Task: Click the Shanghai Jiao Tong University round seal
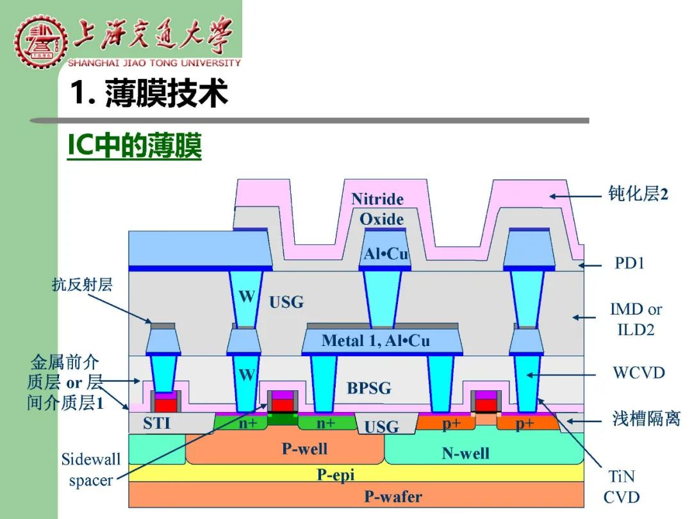(x=40, y=42)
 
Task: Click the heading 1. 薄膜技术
(x=149, y=93)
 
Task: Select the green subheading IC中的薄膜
(x=135, y=145)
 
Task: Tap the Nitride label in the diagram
(x=377, y=199)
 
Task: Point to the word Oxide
(x=382, y=219)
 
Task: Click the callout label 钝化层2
(x=638, y=194)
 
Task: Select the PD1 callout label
(x=629, y=263)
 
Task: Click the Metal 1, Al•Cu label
(x=375, y=340)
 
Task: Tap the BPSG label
(x=369, y=388)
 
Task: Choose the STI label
(x=156, y=423)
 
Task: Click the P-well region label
(x=304, y=449)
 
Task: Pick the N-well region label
(x=466, y=453)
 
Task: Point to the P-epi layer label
(x=336, y=475)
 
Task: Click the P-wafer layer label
(x=393, y=497)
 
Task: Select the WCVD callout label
(x=639, y=372)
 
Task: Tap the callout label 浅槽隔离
(x=646, y=418)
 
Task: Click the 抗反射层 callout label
(x=83, y=284)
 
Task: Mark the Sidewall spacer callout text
(x=90, y=470)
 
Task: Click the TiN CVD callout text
(x=622, y=487)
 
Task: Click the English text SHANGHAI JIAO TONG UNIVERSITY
(x=154, y=63)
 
